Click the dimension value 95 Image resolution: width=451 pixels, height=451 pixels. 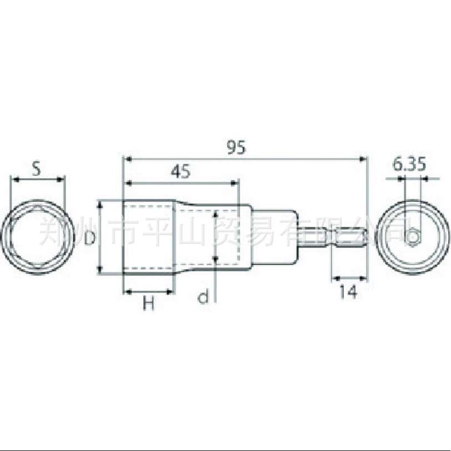pyautogui.click(x=236, y=147)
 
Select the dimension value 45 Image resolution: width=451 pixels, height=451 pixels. pyautogui.click(x=181, y=172)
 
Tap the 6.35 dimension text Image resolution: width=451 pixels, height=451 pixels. pyautogui.click(x=409, y=165)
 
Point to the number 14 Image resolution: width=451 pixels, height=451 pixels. pyautogui.click(x=348, y=292)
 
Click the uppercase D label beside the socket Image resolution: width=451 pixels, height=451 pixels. pyautogui.click(x=89, y=238)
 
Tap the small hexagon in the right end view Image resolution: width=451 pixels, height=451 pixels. pyautogui.click(x=412, y=237)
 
